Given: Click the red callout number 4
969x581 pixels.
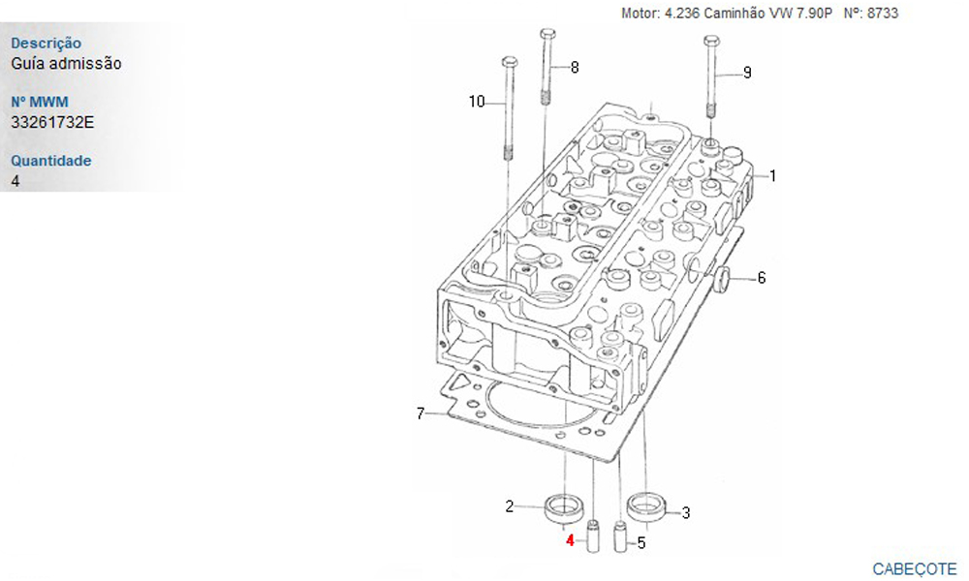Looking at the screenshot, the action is click(570, 541).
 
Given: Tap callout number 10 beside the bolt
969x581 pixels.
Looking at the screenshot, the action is click(477, 102).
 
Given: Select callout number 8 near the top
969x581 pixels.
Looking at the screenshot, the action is click(575, 68).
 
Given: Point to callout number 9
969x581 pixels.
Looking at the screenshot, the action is click(747, 73).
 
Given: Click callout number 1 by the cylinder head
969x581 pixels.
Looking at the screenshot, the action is click(772, 176).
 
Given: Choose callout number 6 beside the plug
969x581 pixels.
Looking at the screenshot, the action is click(762, 278).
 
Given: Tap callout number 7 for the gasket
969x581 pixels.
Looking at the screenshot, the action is click(421, 413).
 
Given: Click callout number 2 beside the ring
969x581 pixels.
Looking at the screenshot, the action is click(510, 506).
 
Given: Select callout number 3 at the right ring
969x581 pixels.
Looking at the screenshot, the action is click(685, 512).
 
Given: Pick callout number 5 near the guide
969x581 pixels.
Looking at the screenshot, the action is click(641, 542).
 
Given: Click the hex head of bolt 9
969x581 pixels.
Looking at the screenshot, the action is click(711, 42).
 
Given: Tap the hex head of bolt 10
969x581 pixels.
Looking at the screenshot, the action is click(510, 62).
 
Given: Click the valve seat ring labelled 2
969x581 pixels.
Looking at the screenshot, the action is click(563, 507).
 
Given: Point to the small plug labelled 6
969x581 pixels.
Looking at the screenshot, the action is click(722, 279).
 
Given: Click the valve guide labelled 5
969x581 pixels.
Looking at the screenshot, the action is click(620, 536).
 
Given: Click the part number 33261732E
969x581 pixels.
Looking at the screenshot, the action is click(52, 122).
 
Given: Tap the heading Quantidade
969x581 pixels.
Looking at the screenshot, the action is click(50, 161).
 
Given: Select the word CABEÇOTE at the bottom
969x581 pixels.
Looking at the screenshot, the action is click(915, 568).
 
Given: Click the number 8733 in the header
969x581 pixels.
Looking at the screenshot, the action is click(883, 13).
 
